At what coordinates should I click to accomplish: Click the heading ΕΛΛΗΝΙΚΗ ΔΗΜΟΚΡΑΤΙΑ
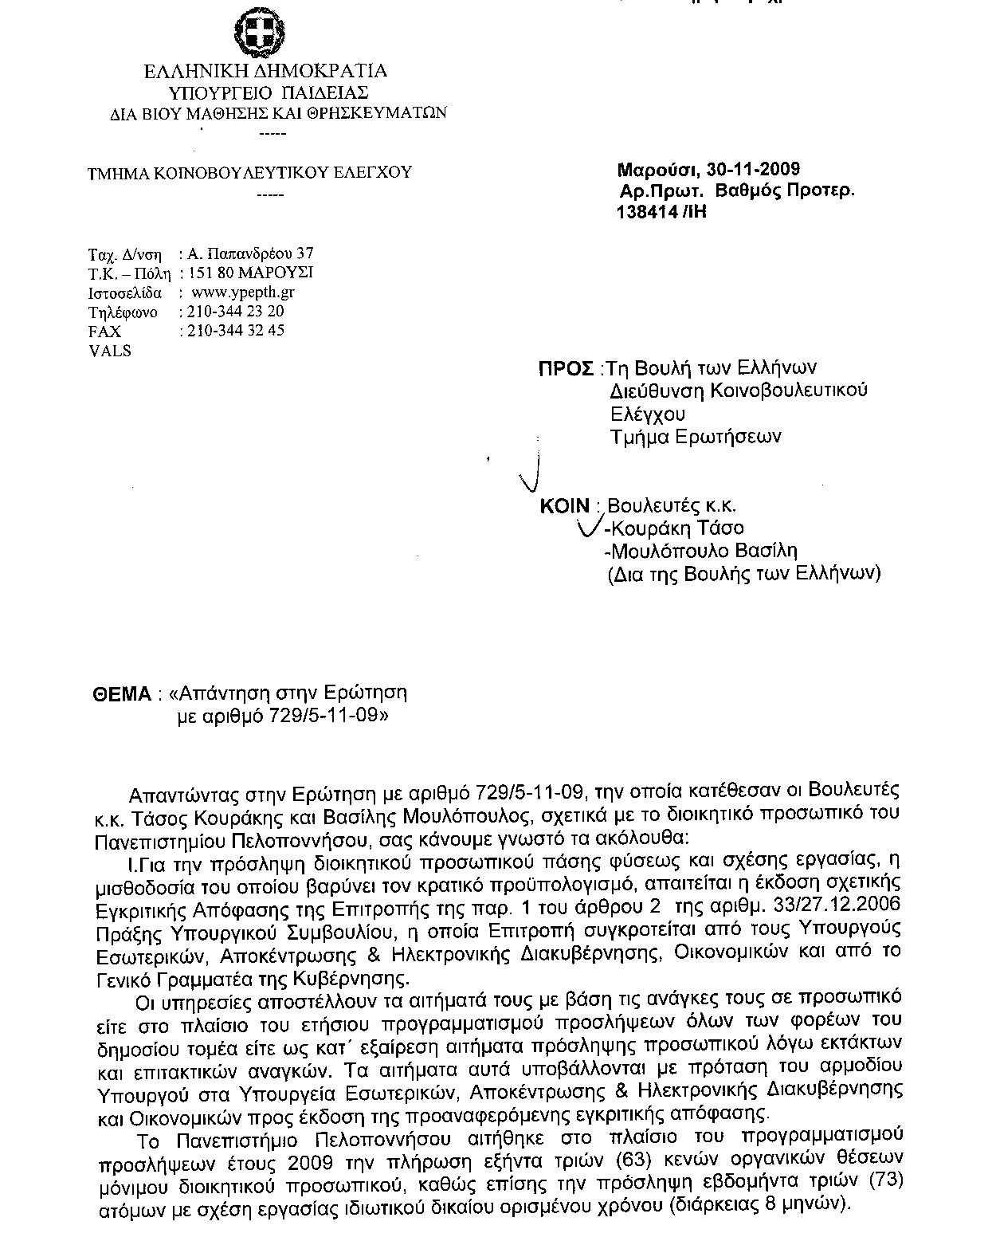pyautogui.click(x=266, y=72)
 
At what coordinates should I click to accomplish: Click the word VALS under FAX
pyautogui.click(x=109, y=351)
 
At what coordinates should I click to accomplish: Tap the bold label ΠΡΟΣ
pyautogui.click(x=567, y=368)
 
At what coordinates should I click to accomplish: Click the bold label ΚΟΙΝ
pyautogui.click(x=564, y=506)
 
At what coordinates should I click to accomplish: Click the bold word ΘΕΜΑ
pyautogui.click(x=122, y=694)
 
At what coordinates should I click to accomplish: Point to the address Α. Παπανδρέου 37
pyautogui.click(x=250, y=255)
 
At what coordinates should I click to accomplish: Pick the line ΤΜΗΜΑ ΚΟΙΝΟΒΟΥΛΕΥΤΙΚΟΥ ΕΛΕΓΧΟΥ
pyautogui.click(x=249, y=172)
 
